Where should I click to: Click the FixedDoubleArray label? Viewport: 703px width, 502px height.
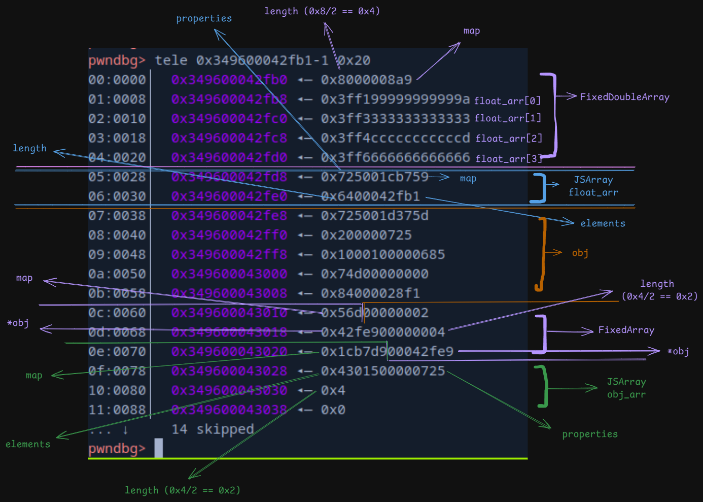coord(624,97)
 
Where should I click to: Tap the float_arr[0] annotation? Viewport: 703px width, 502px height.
coord(507,101)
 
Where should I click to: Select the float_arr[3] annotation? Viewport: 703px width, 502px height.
coord(509,158)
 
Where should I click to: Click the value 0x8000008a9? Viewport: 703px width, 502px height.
coord(366,80)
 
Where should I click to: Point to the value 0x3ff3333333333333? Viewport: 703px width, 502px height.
coord(395,118)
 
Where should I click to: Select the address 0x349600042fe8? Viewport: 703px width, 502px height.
coord(229,216)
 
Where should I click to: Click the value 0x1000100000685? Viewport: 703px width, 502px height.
coord(382,254)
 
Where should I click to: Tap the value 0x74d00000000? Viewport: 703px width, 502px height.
coord(374,274)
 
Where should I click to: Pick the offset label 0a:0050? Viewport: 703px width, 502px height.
coord(117,274)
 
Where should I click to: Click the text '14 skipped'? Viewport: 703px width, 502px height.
coord(213,429)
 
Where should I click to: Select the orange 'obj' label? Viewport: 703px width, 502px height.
coord(580,253)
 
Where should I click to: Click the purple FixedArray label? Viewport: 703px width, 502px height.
coord(626,330)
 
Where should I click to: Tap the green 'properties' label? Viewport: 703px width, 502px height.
coord(590,434)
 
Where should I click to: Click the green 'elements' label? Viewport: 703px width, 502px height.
coord(28,444)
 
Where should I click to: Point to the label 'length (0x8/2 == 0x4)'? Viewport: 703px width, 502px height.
coord(322,11)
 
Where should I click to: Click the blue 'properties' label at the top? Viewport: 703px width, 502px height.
coord(204,18)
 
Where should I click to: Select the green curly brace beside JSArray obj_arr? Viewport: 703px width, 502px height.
coord(543,386)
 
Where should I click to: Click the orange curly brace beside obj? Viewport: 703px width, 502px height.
coord(541,254)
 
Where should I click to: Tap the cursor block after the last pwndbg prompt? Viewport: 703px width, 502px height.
coord(159,448)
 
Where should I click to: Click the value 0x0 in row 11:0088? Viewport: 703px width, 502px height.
coord(333,410)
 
